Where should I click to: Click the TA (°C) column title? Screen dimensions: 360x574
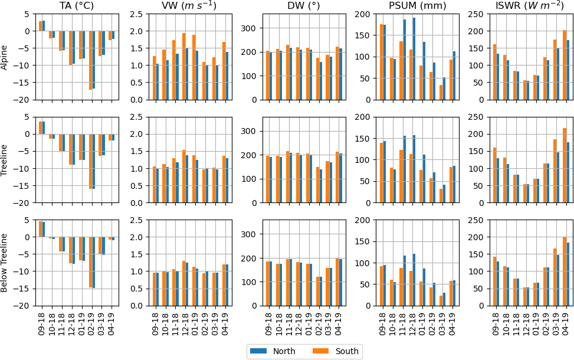[x=77, y=6]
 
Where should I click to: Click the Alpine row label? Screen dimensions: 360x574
[x=5, y=57]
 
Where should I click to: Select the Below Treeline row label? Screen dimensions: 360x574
[x=5, y=263]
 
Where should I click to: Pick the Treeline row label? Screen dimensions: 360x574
[x=5, y=160]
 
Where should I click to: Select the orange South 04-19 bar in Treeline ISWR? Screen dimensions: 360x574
[x=565, y=165]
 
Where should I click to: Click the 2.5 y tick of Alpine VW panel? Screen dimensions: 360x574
[x=136, y=14]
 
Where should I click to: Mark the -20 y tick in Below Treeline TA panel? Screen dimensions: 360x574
[x=26, y=306]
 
